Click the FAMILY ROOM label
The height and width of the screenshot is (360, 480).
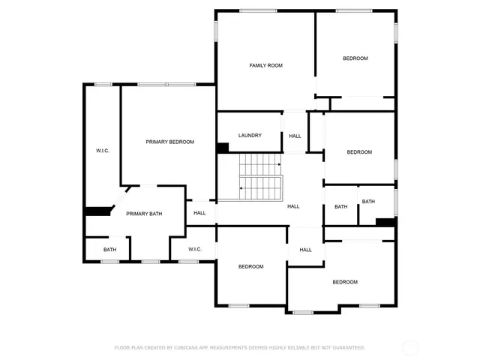click(265, 66)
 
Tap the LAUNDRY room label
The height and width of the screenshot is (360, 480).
click(250, 136)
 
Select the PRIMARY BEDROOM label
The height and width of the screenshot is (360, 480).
click(169, 142)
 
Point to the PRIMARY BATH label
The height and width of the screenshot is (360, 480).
click(144, 214)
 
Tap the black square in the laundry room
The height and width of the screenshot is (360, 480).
click(223, 148)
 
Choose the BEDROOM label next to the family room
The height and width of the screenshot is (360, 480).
click(355, 58)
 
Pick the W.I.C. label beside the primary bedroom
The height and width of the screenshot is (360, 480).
click(103, 151)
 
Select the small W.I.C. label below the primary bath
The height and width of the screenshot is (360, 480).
click(195, 249)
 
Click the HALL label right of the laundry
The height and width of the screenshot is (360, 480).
click(295, 136)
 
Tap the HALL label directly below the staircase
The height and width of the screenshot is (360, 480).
click(293, 206)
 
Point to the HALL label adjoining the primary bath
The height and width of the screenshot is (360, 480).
click(199, 213)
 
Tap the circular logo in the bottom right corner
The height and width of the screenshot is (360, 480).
click(410, 348)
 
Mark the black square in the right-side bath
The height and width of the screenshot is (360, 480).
click(385, 221)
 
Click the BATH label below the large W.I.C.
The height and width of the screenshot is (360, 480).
click(110, 250)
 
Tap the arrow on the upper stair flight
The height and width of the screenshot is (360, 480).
click(279, 164)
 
